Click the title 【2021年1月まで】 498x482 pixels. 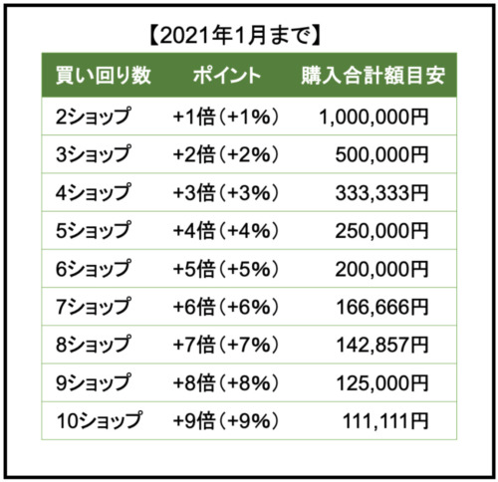[x=234, y=36]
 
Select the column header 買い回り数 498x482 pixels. [x=104, y=76]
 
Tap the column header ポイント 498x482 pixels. [x=227, y=76]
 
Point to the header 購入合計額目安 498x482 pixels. [x=373, y=76]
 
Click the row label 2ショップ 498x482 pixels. [x=94, y=117]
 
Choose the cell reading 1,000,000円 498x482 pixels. [x=373, y=118]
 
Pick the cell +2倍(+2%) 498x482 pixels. [x=226, y=154]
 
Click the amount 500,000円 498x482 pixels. [x=381, y=155]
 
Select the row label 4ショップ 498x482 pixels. [x=94, y=192]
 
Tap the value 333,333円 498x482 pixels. [x=381, y=193]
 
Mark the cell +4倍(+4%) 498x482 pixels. [x=226, y=231]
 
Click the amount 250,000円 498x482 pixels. [x=381, y=231]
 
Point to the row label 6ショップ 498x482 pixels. [x=94, y=269]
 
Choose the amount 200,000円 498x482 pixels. [x=381, y=269]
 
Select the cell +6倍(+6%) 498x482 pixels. [x=226, y=307]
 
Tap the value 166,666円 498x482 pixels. [x=382, y=307]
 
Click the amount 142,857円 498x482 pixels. [x=382, y=345]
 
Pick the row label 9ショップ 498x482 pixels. [x=94, y=382]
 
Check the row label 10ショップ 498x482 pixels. [x=100, y=420]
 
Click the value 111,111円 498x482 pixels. [x=385, y=421]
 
